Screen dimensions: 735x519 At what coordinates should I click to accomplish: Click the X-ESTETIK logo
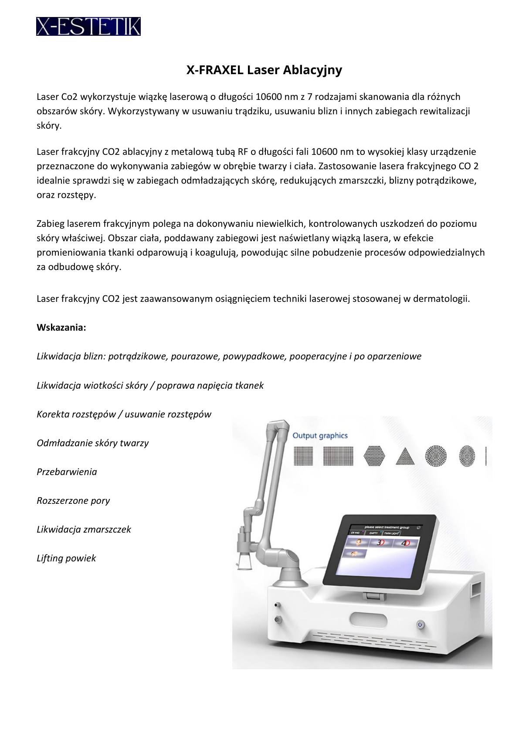(88, 26)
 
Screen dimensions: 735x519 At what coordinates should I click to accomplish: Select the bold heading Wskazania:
(61, 328)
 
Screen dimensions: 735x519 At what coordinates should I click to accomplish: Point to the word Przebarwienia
(67, 472)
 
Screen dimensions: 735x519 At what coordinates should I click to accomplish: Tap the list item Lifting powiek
(66, 558)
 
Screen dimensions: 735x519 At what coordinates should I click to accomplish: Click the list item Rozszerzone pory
(73, 500)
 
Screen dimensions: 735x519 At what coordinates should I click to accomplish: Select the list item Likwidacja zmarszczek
(84, 529)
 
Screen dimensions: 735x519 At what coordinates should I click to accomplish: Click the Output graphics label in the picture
(320, 435)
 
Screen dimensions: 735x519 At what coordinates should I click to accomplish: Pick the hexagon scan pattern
(375, 456)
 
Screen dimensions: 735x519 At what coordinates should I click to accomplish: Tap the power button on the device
(420, 625)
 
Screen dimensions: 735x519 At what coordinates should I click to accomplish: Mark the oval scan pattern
(467, 456)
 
